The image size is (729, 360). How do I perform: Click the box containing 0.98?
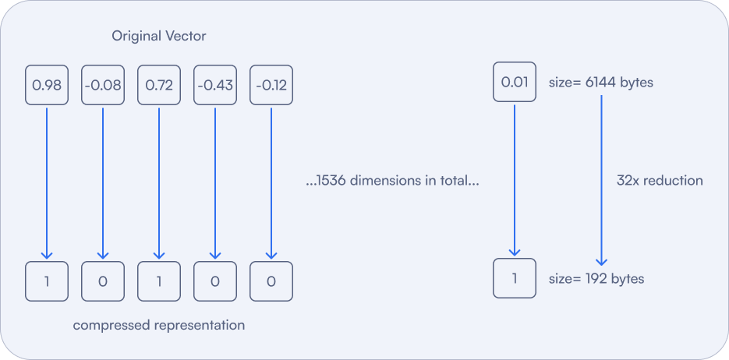pyautogui.click(x=47, y=84)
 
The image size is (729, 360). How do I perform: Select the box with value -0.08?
pyautogui.click(x=102, y=84)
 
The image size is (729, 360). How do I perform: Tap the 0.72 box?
pyautogui.click(x=158, y=84)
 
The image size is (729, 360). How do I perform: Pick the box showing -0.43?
pyautogui.click(x=214, y=84)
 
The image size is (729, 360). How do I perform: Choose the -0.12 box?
pyautogui.click(x=271, y=84)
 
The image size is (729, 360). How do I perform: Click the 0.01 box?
pyautogui.click(x=515, y=82)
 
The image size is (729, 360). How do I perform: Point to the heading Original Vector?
pyautogui.click(x=159, y=37)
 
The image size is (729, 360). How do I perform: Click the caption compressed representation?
pyautogui.click(x=159, y=325)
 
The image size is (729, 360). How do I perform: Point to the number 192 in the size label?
pyautogui.click(x=593, y=278)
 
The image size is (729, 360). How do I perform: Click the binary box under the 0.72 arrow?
pyautogui.click(x=158, y=281)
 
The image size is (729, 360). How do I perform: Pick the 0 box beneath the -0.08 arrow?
pyautogui.click(x=102, y=281)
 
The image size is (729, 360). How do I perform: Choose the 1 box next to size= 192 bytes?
pyautogui.click(x=515, y=278)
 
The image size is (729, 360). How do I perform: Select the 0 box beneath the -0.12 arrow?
pyautogui.click(x=271, y=281)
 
